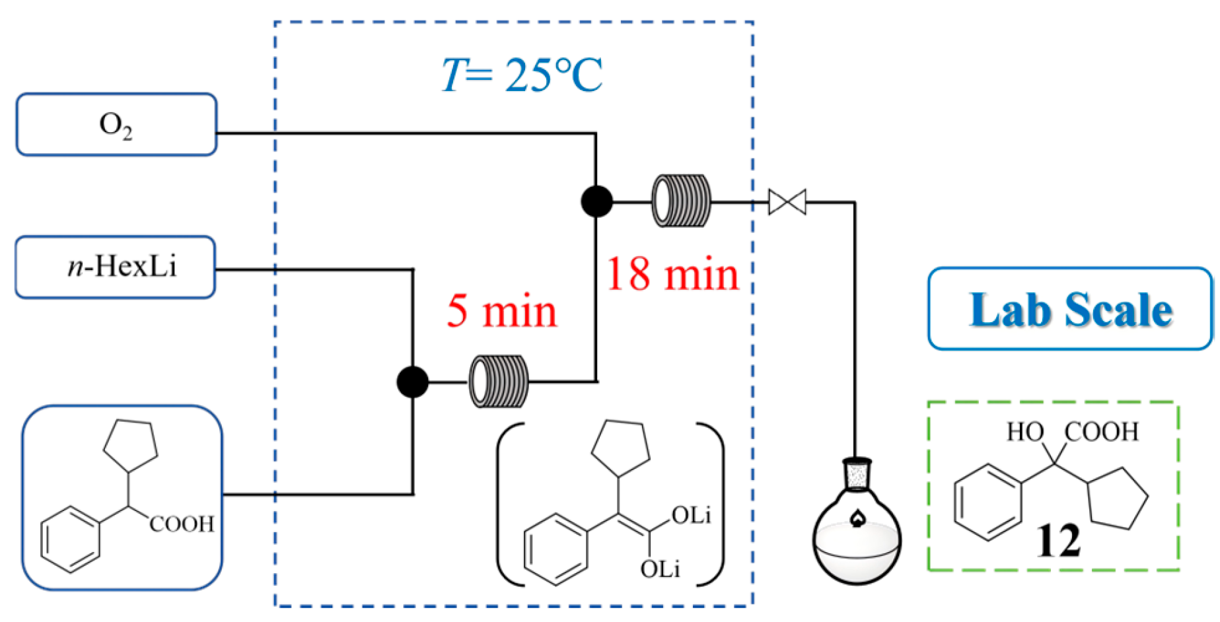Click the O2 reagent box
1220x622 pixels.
tap(116, 125)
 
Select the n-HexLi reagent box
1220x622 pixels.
tap(116, 267)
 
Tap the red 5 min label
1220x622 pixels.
tap(502, 311)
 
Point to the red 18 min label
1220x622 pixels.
tap(672, 274)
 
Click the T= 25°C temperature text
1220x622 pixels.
tap(522, 75)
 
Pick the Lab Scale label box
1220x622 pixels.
tap(1070, 309)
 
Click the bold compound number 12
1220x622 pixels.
tap(1058, 541)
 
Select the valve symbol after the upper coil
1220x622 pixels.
tap(787, 202)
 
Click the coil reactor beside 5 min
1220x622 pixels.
tap(499, 382)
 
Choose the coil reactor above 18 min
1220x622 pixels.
tap(682, 201)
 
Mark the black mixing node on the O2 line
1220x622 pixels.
tap(596, 201)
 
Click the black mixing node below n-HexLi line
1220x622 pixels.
tap(413, 382)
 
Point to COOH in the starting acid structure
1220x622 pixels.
tap(182, 524)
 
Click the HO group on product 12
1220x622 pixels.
tap(1024, 432)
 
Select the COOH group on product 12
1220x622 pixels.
tap(1102, 432)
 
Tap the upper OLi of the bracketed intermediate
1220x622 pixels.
tap(691, 516)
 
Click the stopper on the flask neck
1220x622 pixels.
tap(857, 475)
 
